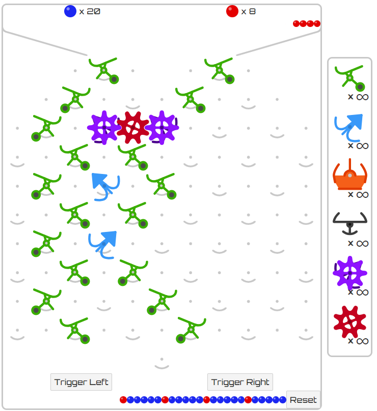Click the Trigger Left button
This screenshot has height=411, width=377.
click(x=82, y=382)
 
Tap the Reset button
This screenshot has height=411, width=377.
click(x=303, y=400)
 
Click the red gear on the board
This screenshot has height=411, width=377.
click(x=133, y=127)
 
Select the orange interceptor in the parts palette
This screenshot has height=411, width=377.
click(x=349, y=176)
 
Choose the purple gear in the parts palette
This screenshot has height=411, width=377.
click(x=349, y=273)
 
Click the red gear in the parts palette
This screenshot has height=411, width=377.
click(x=349, y=322)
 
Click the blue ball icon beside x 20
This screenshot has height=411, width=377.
click(x=70, y=11)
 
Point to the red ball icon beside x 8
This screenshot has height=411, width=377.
click(x=232, y=11)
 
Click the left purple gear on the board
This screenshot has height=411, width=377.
click(x=104, y=127)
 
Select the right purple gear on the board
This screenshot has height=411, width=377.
click(x=162, y=127)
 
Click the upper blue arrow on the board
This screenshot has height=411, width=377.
click(x=105, y=185)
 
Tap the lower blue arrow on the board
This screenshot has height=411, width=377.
click(x=103, y=243)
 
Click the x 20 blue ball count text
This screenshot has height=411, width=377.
click(x=90, y=11)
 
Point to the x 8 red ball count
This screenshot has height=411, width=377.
click(x=249, y=11)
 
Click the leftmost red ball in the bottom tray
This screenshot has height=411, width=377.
click(x=123, y=400)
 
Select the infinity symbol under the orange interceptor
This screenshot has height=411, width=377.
click(x=362, y=194)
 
